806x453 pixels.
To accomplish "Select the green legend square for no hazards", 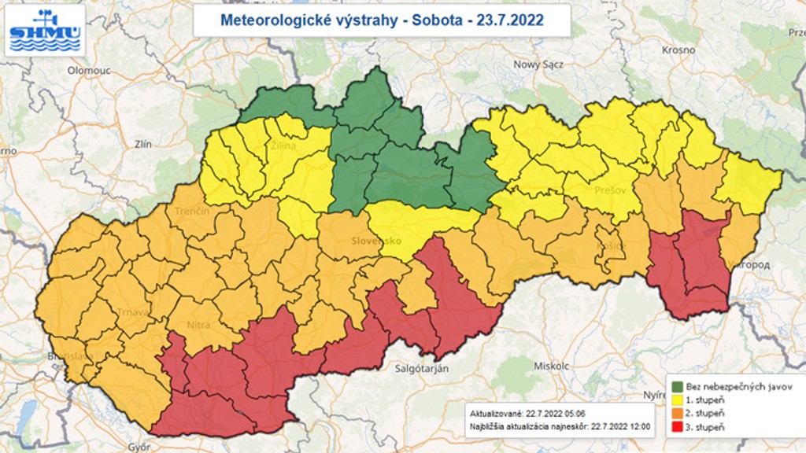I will [676, 387].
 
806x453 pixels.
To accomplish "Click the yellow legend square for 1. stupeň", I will [676, 400].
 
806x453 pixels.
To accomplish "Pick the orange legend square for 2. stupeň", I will [676, 413].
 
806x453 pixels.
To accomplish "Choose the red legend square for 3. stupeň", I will [676, 426].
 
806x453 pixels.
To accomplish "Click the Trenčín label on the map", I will [192, 212].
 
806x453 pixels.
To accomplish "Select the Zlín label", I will [142, 144].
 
